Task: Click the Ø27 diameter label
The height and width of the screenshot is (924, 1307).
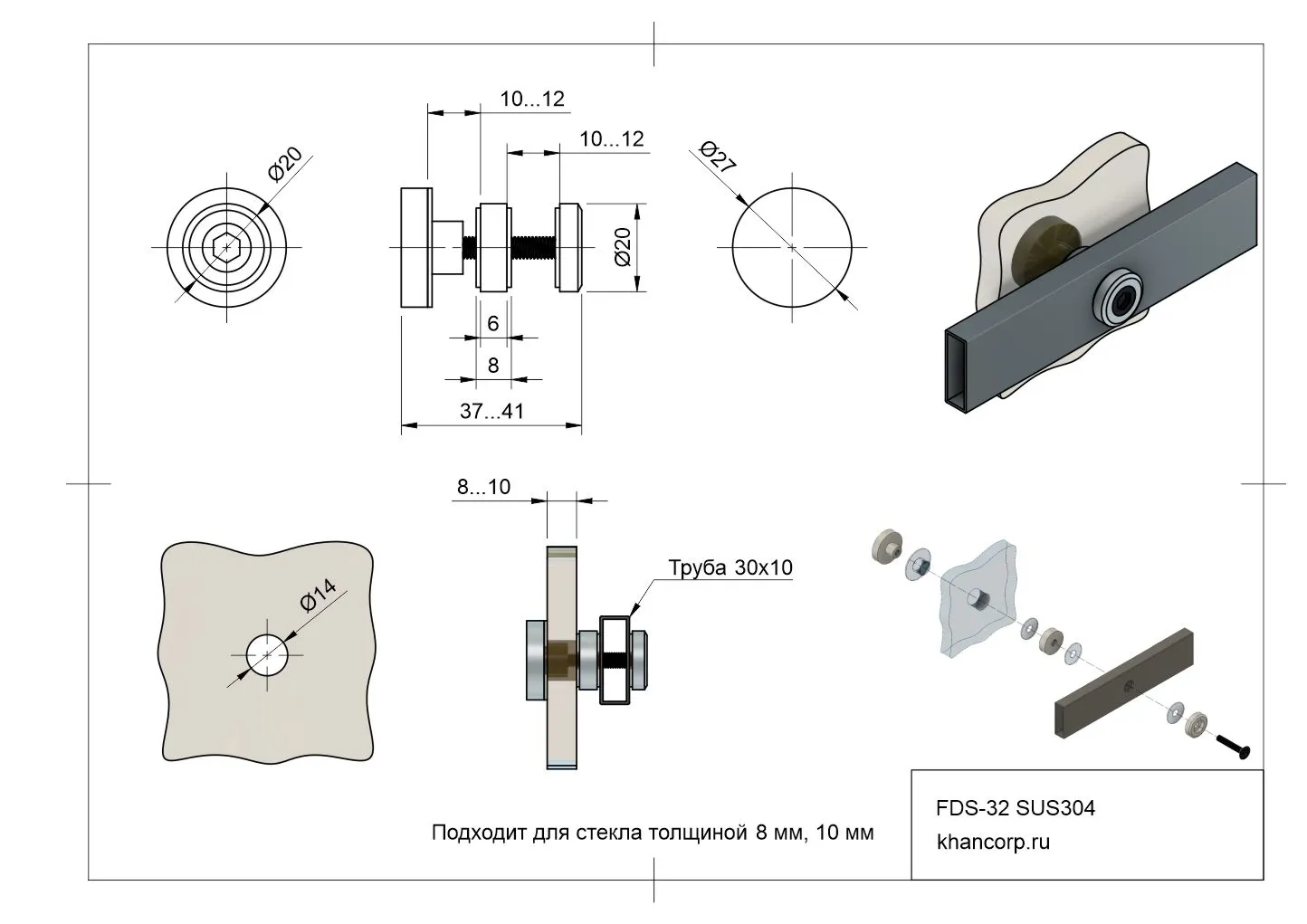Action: [x=719, y=157]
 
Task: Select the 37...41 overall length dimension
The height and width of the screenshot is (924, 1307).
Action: [x=491, y=411]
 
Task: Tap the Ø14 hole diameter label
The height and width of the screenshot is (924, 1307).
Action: [x=318, y=596]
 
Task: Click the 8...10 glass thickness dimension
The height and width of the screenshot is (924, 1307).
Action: [x=483, y=487]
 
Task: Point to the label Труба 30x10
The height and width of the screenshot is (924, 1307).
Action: [x=730, y=567]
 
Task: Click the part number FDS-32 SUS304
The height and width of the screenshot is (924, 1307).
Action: [x=1015, y=807]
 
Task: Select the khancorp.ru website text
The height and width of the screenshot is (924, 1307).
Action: [x=994, y=842]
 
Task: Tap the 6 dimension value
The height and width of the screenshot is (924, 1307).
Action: [x=492, y=324]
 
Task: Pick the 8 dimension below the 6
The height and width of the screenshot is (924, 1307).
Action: [x=492, y=365]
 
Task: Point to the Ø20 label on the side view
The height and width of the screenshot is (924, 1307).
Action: [x=623, y=246]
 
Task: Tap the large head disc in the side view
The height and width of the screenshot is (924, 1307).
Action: [x=415, y=247]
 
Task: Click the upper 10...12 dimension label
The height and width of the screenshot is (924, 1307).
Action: [x=532, y=99]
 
